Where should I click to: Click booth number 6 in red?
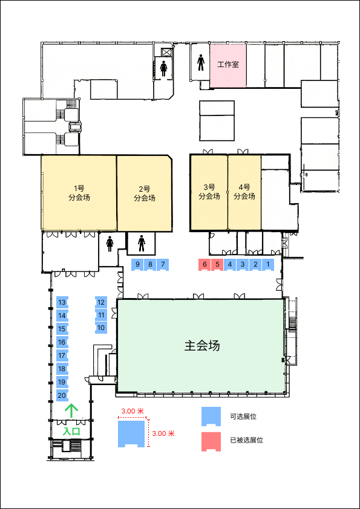point(205,265)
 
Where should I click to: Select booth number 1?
point(268,265)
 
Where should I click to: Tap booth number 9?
point(137,265)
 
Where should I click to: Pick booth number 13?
point(62,302)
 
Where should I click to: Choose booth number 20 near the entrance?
point(62,395)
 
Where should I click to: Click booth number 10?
point(101,328)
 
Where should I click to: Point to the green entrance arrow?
point(71,410)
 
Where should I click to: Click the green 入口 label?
point(71,432)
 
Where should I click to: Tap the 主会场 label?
point(201,346)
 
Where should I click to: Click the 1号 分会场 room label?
point(79,193)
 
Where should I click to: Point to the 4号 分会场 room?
point(244,192)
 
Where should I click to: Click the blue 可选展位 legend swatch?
point(211,416)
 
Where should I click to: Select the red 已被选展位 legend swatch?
point(211,441)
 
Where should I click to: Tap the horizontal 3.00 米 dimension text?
point(133,411)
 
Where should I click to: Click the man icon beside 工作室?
point(201,63)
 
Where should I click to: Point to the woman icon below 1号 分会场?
point(110,244)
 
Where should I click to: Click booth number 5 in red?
point(217,265)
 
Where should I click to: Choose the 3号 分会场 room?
point(209,192)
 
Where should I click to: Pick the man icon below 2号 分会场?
point(142,244)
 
